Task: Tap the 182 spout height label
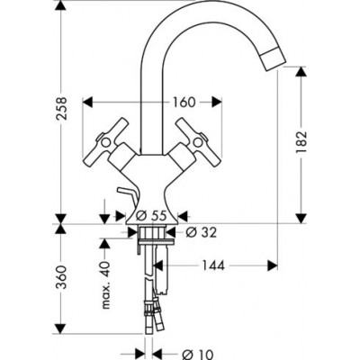[301, 140]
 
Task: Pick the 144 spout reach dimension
[213, 265]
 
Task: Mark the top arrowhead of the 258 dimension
[61, 10]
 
